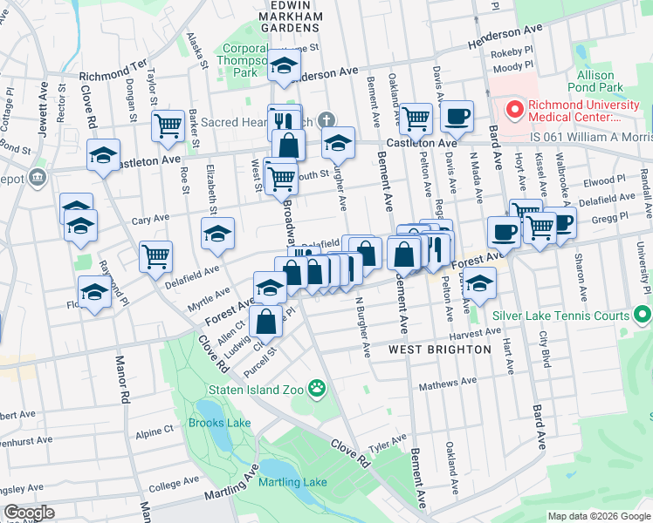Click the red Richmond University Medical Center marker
click(514, 111)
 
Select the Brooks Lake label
click(219, 423)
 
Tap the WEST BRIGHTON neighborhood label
click(439, 350)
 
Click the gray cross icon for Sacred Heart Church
click(326, 119)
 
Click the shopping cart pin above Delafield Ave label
click(156, 257)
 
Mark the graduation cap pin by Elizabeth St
click(217, 233)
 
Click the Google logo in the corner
click(28, 513)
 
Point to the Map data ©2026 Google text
click(599, 516)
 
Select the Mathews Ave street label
click(448, 382)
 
